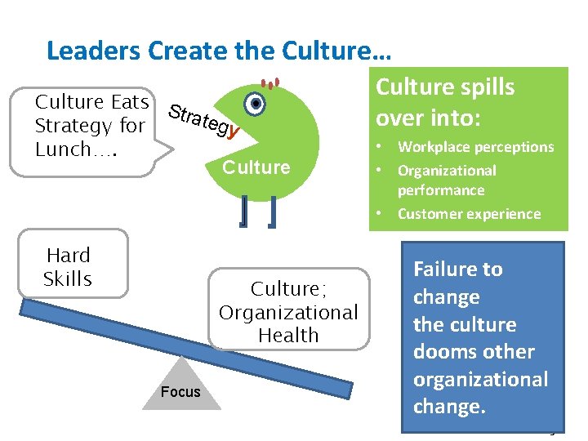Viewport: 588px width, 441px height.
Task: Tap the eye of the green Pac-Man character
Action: [x=256, y=105]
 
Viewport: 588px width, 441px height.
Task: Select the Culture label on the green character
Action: [x=256, y=167]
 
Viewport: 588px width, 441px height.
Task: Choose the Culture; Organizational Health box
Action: [x=288, y=311]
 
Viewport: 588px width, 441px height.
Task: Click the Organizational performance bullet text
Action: [x=446, y=180]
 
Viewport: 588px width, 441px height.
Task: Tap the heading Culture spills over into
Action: [x=445, y=102]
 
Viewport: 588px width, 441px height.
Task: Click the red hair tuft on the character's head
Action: [x=270, y=83]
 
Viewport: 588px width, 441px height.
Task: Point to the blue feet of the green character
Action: [x=257, y=212]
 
